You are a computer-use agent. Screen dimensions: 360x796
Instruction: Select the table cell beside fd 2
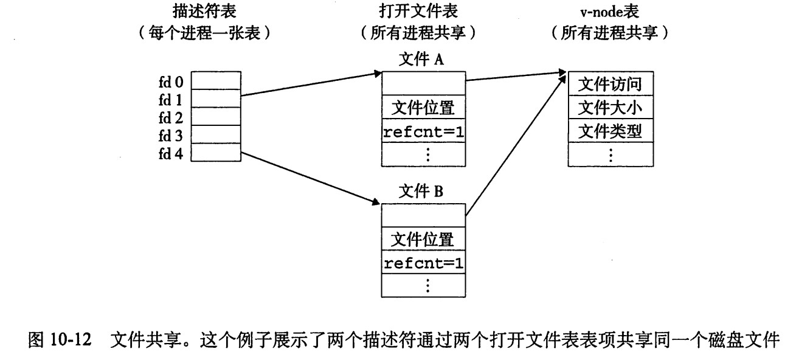216,116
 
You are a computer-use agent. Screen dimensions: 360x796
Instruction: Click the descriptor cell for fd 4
216,151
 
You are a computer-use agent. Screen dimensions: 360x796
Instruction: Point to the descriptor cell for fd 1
216,99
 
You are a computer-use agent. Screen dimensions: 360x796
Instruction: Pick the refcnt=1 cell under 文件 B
423,263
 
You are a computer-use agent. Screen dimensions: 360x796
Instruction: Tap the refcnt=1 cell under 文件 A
423,131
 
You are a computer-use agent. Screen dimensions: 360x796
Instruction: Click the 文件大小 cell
610,108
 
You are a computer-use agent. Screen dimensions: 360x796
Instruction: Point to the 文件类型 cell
610,130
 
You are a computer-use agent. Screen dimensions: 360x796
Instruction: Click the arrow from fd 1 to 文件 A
310,85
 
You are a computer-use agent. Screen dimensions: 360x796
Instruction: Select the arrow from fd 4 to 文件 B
310,178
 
